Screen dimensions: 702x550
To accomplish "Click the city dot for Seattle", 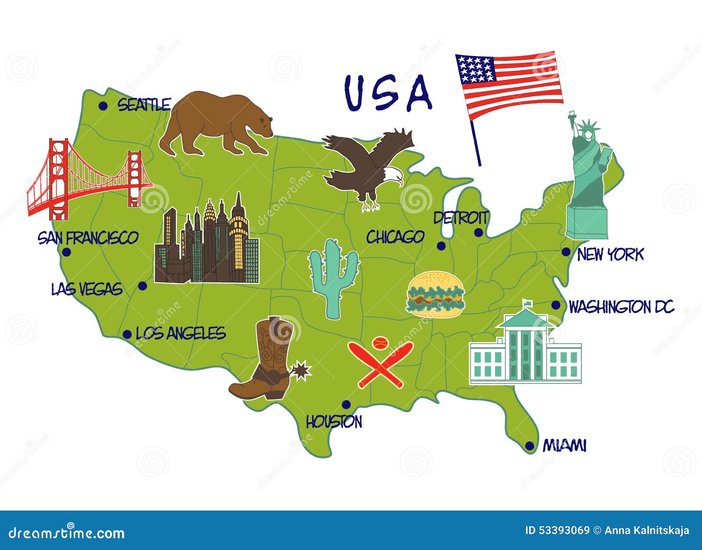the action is [x=103, y=106].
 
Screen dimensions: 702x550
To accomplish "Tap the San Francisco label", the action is [x=88, y=238].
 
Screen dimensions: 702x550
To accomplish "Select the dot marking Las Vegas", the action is [x=143, y=286].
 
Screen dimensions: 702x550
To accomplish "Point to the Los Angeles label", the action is [x=180, y=333].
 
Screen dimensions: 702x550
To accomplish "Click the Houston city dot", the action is [x=346, y=404].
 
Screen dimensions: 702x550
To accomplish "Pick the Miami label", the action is [x=564, y=446].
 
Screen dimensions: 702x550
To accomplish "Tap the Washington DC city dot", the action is [x=556, y=305].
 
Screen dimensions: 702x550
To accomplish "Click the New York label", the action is [x=610, y=254].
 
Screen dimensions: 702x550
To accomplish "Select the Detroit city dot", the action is [x=478, y=232].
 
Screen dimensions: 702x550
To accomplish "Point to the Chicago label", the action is [x=395, y=237].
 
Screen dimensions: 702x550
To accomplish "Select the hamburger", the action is [x=435, y=294].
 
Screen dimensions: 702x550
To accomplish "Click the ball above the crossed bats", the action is [x=380, y=342].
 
